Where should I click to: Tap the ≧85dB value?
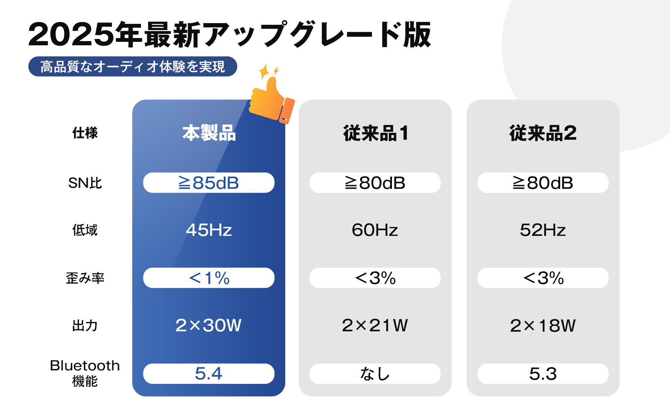(x=209, y=183)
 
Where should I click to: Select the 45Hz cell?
(x=209, y=230)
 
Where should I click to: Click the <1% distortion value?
(x=209, y=278)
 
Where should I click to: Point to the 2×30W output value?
(x=208, y=325)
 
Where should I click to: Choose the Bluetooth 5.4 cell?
(x=209, y=373)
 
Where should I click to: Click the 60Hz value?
(x=375, y=230)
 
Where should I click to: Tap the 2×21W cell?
(x=375, y=325)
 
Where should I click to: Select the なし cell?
(x=375, y=373)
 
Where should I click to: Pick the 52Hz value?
(x=543, y=230)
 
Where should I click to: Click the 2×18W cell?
(x=543, y=325)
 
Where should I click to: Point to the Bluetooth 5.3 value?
(x=543, y=373)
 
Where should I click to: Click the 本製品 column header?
(x=209, y=133)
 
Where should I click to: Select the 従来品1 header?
(x=376, y=133)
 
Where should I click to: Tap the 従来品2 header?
(x=543, y=133)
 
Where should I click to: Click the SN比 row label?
(x=85, y=183)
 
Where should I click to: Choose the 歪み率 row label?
(x=85, y=278)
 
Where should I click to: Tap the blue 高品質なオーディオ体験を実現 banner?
(x=133, y=66)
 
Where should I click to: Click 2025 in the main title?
(x=71, y=34)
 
